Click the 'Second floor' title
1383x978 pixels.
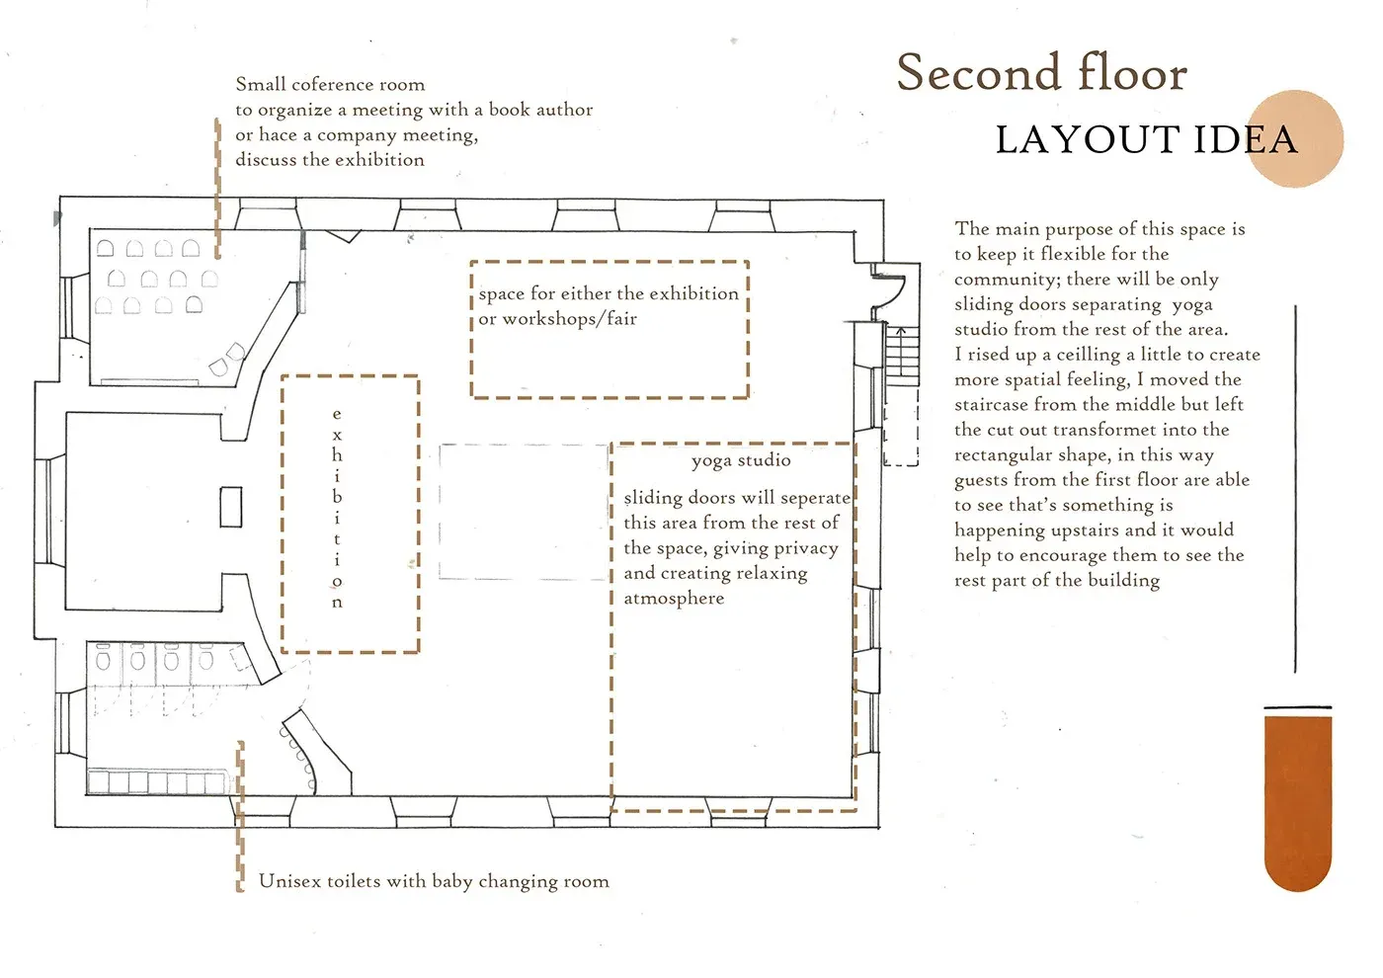pyautogui.click(x=1041, y=73)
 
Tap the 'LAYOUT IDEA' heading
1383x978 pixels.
pyautogui.click(x=1146, y=139)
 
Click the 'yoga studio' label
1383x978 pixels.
pyautogui.click(x=741, y=460)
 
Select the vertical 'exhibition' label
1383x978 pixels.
pyautogui.click(x=337, y=508)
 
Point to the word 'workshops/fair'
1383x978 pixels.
pyautogui.click(x=569, y=319)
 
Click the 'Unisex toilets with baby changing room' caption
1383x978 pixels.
pyautogui.click(x=434, y=881)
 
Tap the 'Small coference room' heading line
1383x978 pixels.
pyautogui.click(x=330, y=84)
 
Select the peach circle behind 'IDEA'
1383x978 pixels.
pyautogui.click(x=1296, y=138)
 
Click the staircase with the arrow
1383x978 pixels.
pyautogui.click(x=902, y=355)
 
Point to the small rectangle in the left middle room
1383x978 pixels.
pyautogui.click(x=231, y=507)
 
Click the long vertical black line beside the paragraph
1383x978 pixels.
pyautogui.click(x=1295, y=488)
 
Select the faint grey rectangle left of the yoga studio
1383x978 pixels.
pyautogui.click(x=525, y=512)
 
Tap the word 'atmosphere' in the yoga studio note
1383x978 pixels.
pyautogui.click(x=674, y=599)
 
